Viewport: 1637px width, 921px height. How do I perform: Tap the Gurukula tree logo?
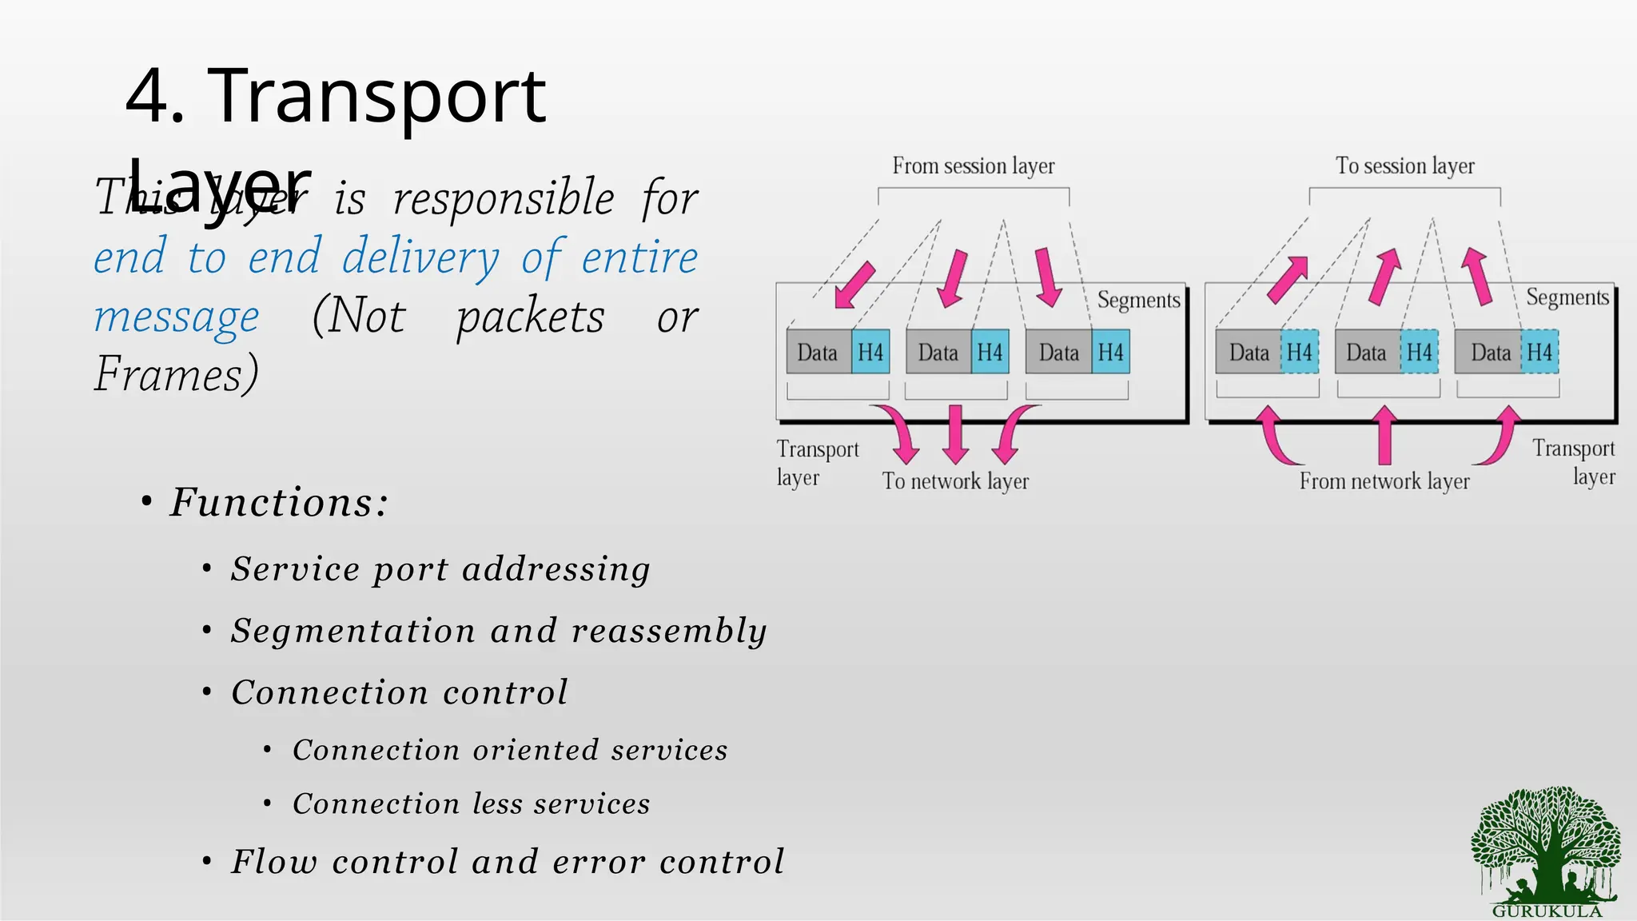click(1547, 849)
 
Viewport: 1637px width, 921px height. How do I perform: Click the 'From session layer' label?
click(973, 166)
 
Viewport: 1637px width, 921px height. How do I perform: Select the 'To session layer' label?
click(1404, 166)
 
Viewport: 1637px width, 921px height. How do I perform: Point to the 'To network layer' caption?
click(955, 481)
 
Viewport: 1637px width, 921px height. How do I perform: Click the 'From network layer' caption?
click(1384, 481)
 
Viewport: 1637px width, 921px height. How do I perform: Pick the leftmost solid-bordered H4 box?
click(870, 352)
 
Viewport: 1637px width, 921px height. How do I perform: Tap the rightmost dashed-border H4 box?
click(1539, 352)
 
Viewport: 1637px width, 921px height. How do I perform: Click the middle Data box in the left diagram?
click(938, 352)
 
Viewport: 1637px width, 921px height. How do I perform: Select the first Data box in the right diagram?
click(1249, 352)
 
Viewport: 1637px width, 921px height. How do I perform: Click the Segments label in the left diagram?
click(1138, 300)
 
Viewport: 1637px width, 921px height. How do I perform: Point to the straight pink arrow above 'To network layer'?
click(955, 433)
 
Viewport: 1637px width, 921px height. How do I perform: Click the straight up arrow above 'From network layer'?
click(1384, 435)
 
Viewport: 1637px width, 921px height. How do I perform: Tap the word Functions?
click(278, 502)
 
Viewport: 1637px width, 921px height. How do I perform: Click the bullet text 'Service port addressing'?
click(440, 569)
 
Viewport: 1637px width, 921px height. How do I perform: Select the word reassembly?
click(669, 631)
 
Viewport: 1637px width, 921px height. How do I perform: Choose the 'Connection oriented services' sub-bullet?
click(510, 750)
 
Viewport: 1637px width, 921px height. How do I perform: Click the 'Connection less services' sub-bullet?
click(471, 803)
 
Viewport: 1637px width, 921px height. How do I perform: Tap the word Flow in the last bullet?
click(274, 862)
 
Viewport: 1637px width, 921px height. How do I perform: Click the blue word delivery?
click(420, 257)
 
